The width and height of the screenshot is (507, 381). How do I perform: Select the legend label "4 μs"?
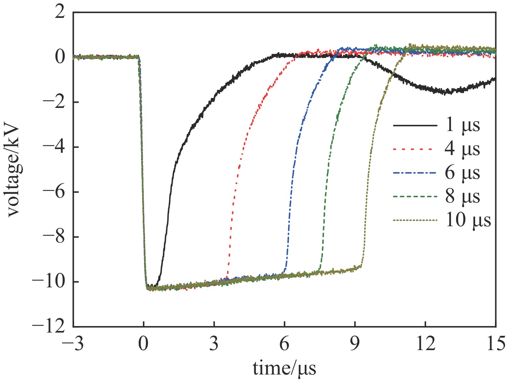pos(462,149)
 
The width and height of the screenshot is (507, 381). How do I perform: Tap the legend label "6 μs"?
pos(462,173)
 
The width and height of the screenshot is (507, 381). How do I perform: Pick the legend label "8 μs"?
pos(462,196)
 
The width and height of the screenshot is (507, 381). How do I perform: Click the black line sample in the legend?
pos(415,125)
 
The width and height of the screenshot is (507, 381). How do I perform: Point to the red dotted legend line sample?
pos(415,149)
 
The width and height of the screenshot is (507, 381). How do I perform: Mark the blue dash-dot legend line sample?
pos(415,173)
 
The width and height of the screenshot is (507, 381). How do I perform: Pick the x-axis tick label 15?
pos(495,344)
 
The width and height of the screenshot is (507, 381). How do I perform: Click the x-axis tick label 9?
pos(355,344)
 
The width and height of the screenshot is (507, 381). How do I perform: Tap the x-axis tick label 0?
pos(143,344)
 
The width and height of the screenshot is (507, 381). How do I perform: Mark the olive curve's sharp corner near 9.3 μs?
pos(361,266)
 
